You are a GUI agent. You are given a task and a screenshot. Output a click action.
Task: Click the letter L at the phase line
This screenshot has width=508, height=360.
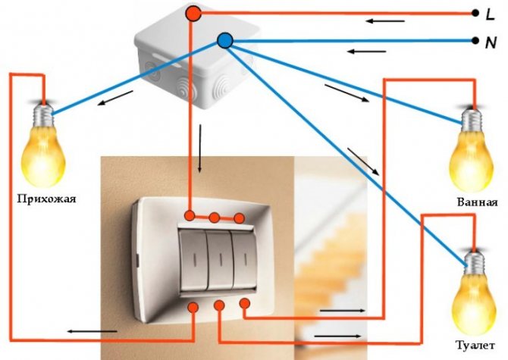(490, 14)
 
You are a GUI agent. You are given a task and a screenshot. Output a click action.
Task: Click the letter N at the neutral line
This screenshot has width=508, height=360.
(491, 42)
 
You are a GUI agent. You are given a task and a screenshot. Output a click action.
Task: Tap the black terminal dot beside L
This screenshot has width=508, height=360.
(475, 14)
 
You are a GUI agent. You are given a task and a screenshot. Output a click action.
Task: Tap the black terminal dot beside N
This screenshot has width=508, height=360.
(475, 41)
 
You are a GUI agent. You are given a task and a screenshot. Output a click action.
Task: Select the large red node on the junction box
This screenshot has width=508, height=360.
(193, 14)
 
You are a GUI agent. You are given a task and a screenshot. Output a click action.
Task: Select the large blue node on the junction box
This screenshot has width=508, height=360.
(225, 41)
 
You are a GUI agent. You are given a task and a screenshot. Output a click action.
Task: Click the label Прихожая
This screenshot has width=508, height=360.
(47, 199)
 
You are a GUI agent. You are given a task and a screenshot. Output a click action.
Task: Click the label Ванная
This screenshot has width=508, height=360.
(477, 202)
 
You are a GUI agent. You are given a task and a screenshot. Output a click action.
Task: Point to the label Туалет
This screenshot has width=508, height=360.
(475, 345)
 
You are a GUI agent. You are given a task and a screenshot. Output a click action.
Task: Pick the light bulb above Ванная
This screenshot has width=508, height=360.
(472, 149)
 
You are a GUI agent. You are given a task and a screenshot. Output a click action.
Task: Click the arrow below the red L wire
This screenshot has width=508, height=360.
(385, 21)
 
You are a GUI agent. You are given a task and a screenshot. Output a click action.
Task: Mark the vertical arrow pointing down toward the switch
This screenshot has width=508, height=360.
(200, 149)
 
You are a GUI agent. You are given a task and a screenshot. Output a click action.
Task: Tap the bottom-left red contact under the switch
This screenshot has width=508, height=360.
(193, 307)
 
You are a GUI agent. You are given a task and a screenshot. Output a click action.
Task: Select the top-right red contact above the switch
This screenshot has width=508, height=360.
(240, 218)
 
